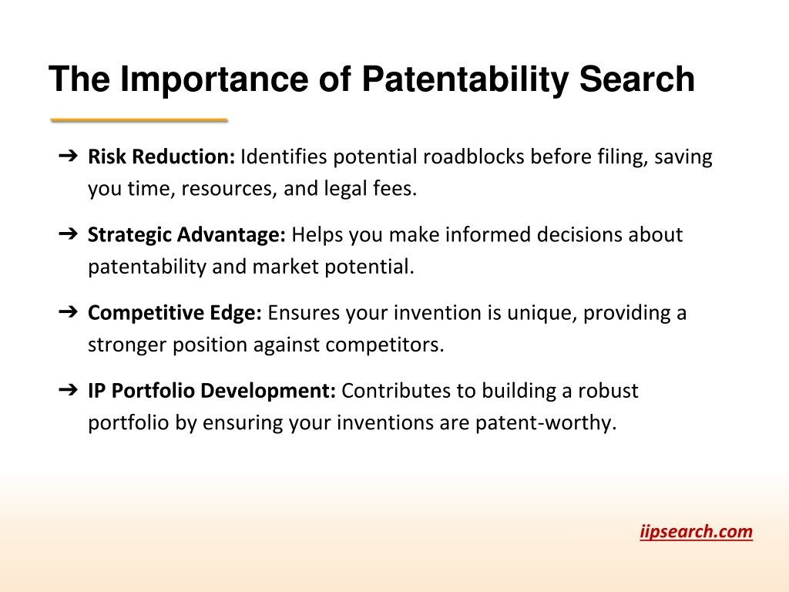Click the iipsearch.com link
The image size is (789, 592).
(x=697, y=532)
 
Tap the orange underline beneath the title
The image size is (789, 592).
(x=139, y=119)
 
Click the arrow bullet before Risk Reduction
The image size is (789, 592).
(x=69, y=156)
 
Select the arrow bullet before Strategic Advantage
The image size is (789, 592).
(x=69, y=234)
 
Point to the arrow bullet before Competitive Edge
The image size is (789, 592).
(x=69, y=312)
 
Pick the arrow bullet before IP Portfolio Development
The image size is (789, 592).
(x=69, y=390)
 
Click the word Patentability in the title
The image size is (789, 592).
(x=465, y=80)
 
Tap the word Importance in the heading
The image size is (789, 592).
(x=214, y=79)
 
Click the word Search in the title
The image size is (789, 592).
(x=637, y=79)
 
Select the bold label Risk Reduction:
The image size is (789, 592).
(x=162, y=156)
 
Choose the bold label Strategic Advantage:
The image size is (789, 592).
(x=186, y=235)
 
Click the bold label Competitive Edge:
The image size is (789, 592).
(x=175, y=313)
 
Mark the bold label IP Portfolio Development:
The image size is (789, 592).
(x=212, y=391)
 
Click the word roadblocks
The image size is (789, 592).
(x=474, y=156)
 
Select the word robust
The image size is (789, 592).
(x=608, y=391)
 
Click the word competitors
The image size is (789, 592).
(x=385, y=345)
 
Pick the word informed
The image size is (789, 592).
(x=488, y=234)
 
